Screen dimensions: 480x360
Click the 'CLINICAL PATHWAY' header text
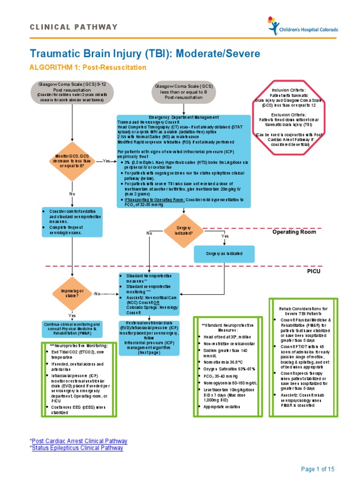point(74,27)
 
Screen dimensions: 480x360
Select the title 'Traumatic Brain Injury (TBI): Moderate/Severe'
point(144,53)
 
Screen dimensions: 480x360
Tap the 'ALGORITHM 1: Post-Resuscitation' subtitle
point(88,67)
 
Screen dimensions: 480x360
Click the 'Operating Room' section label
point(294,232)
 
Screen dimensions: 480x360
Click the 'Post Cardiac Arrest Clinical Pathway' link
point(80,441)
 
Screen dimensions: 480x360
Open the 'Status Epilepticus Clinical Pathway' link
point(78,448)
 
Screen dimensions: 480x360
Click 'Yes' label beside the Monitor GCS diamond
point(106,161)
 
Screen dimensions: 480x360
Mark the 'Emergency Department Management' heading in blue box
point(183,117)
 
